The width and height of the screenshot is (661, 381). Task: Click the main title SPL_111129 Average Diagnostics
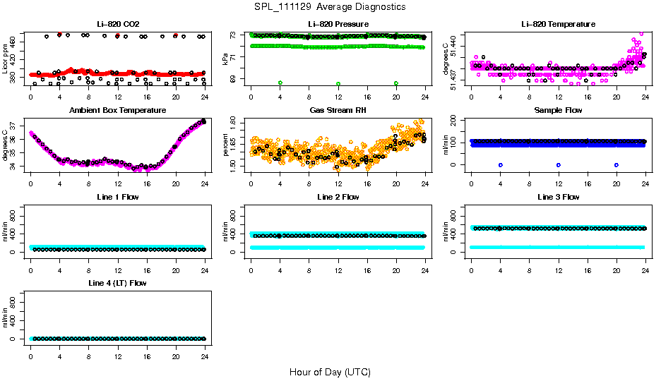(x=330, y=6)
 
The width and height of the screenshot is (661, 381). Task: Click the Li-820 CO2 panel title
(x=117, y=24)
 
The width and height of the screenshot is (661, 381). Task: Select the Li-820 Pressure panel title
(x=338, y=24)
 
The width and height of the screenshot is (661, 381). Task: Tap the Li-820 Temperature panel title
(x=558, y=24)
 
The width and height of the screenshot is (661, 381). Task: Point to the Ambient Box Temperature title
(x=117, y=111)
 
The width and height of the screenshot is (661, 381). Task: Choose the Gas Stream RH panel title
(x=338, y=111)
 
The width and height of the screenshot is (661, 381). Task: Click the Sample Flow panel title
(x=558, y=111)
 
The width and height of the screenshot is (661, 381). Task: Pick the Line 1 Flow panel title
(x=117, y=197)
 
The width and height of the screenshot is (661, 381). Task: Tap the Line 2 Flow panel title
(x=338, y=197)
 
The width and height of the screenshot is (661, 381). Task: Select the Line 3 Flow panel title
(x=558, y=197)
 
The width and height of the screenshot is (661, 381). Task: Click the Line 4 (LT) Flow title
(x=117, y=283)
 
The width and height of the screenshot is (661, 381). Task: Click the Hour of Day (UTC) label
(x=330, y=372)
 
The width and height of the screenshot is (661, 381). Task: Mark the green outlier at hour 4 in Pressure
(x=280, y=83)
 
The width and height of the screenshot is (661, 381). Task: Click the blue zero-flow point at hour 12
(x=559, y=164)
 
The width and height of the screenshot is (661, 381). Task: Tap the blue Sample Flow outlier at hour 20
(x=617, y=164)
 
